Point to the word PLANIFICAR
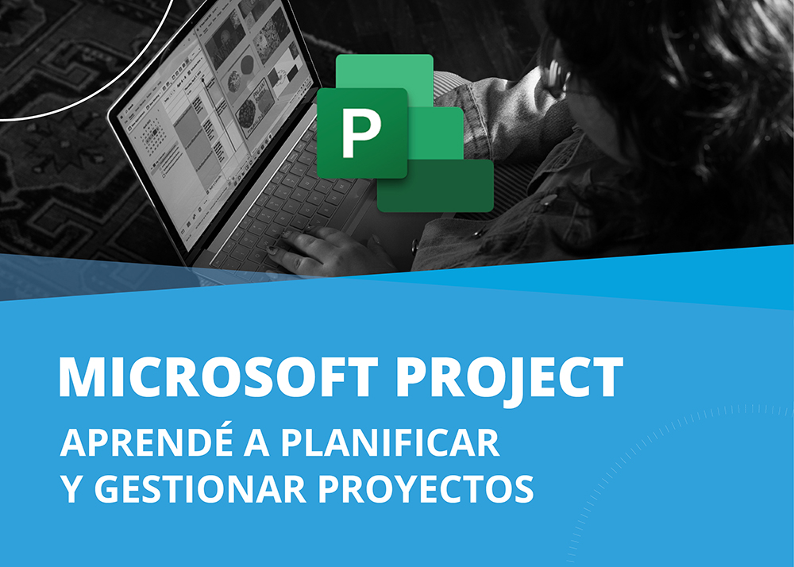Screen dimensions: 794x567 click(390, 443)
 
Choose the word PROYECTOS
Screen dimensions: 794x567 click(426, 488)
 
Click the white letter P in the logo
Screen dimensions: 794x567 click(361, 133)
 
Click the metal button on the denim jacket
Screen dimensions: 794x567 click(548, 200)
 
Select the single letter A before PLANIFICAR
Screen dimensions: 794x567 click(256, 443)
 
